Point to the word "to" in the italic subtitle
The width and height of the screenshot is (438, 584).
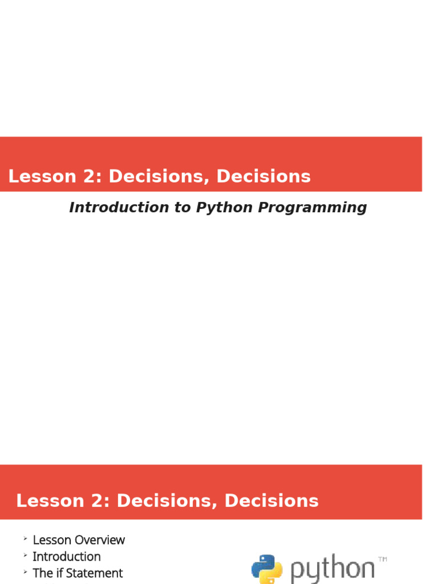pos(183,208)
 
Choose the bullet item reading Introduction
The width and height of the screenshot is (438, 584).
pos(66,556)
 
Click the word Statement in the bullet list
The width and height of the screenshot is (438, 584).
pos(95,573)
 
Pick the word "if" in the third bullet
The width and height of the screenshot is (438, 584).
pos(59,573)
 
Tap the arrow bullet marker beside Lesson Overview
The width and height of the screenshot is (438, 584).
pos(25,538)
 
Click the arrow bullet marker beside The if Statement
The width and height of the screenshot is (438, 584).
pos(25,571)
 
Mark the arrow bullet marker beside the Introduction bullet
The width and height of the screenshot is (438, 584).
pos(25,555)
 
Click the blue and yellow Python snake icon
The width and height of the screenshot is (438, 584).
pos(266,569)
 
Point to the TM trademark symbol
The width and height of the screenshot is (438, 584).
pos(382,559)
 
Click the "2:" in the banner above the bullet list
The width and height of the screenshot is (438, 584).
pos(100,501)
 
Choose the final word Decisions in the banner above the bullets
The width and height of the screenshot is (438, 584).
pos(271,501)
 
